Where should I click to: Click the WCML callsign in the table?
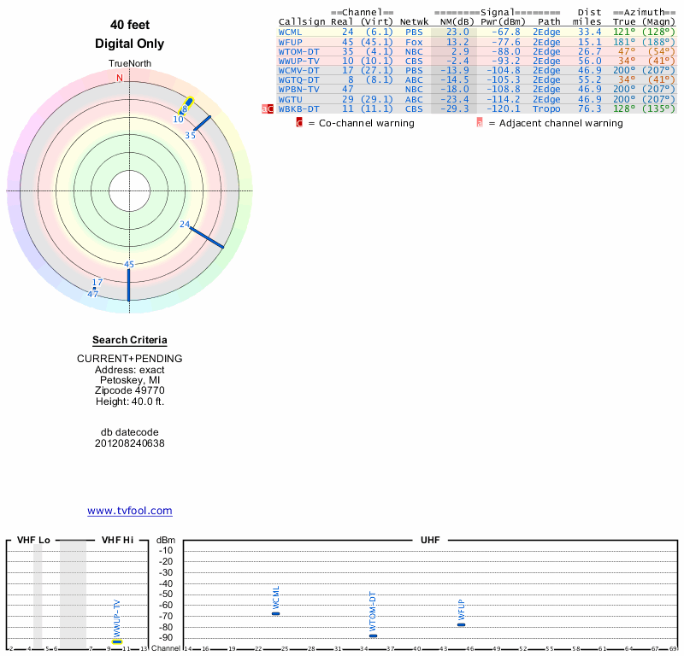click(x=290, y=32)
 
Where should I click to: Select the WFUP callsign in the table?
click(x=290, y=41)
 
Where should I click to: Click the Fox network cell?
click(x=414, y=41)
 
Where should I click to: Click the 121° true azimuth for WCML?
click(x=624, y=32)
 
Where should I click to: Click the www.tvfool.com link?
click(x=130, y=511)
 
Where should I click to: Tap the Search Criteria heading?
click(x=130, y=340)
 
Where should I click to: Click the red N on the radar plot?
click(x=120, y=78)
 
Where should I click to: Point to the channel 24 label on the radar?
click(x=185, y=224)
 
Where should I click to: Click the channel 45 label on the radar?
click(x=129, y=264)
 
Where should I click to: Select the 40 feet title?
click(x=130, y=25)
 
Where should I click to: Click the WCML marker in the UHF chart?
click(x=275, y=613)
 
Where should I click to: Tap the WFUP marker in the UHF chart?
click(x=461, y=624)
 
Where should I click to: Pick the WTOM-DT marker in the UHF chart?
click(x=373, y=635)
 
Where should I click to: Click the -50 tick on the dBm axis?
click(x=166, y=594)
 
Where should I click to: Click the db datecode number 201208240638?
click(x=130, y=443)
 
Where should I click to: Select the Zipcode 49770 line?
click(x=130, y=390)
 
